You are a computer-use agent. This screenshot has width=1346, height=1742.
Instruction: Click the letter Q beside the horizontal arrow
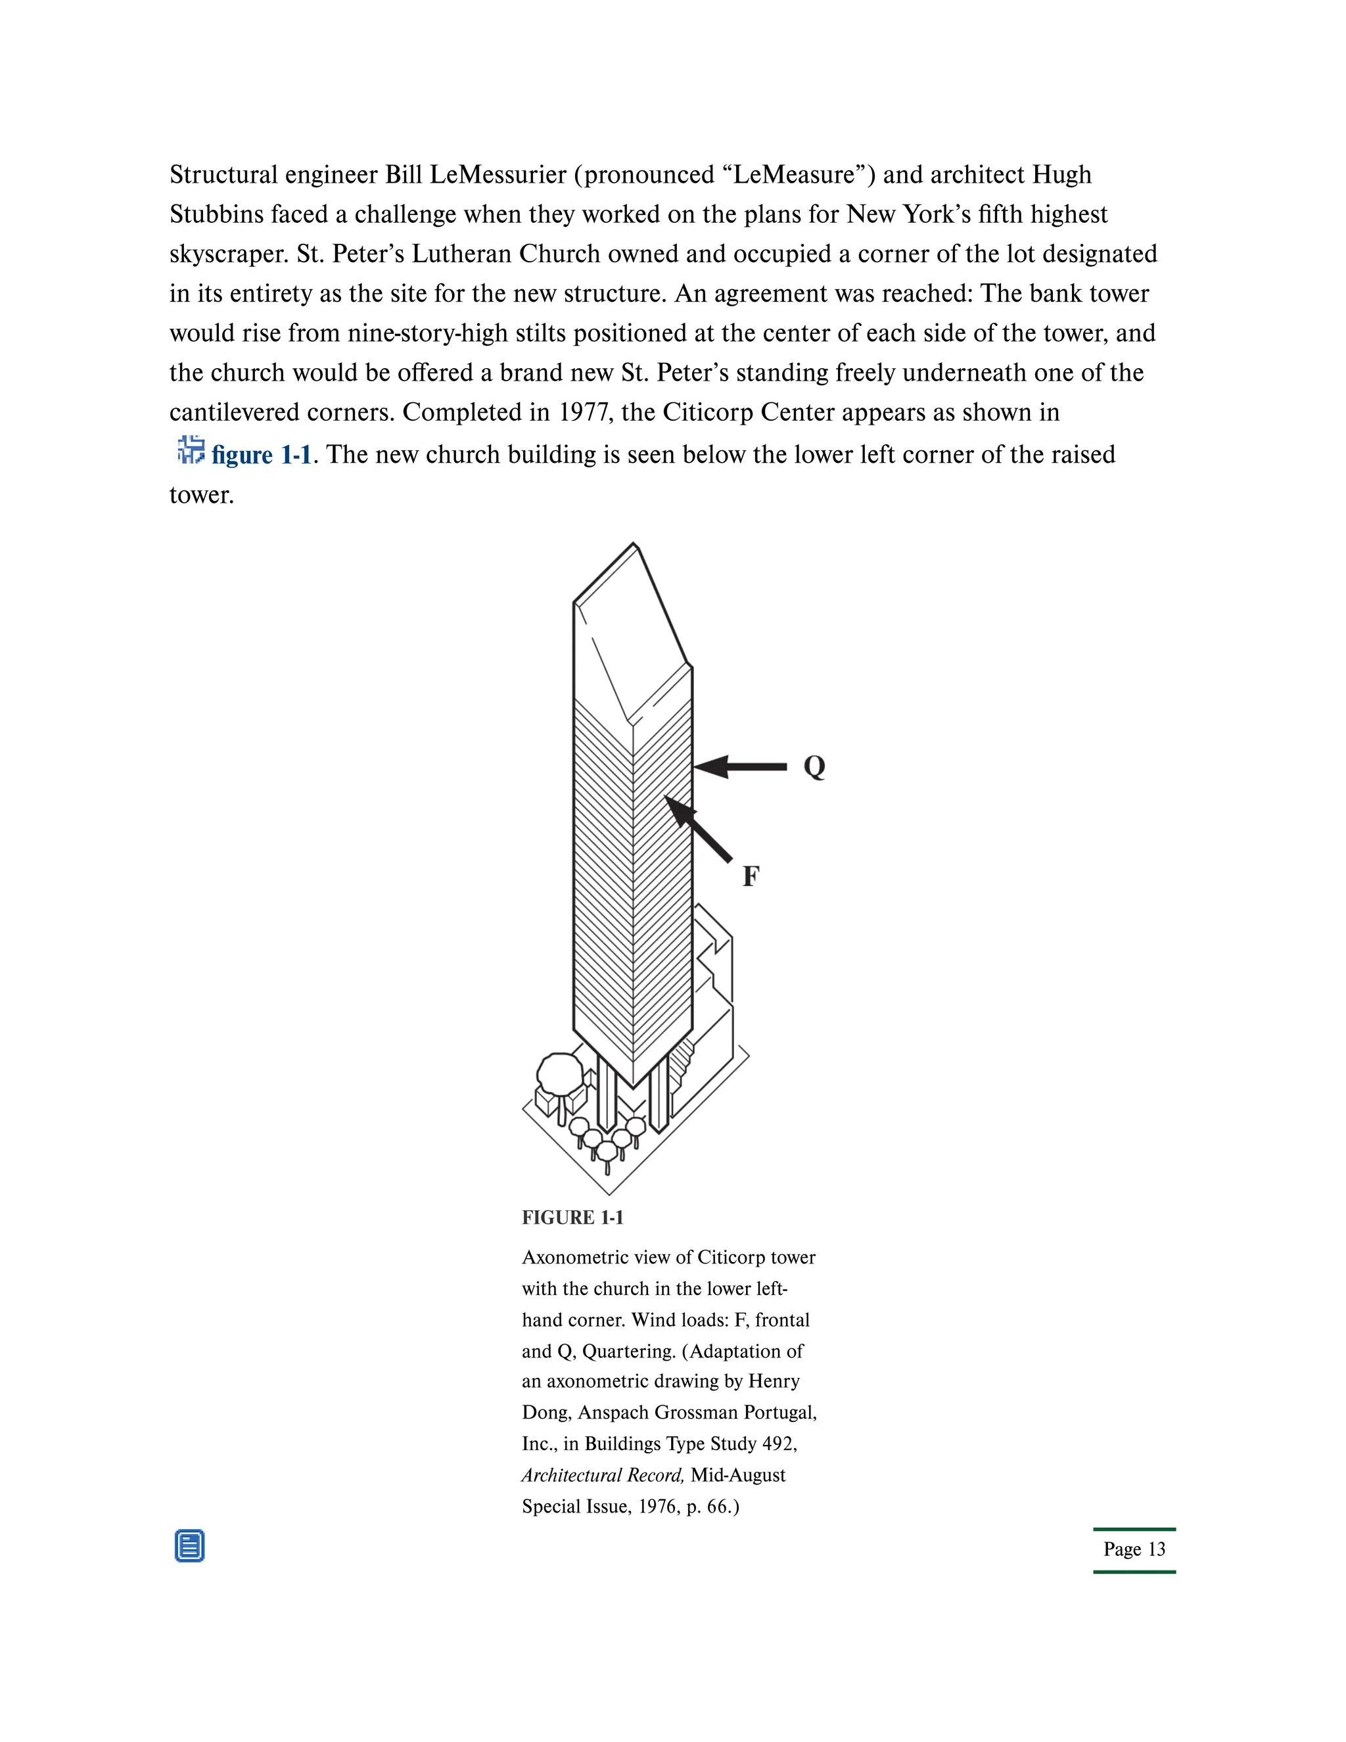pyautogui.click(x=814, y=766)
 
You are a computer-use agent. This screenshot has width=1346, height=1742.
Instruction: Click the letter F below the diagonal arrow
pyautogui.click(x=751, y=876)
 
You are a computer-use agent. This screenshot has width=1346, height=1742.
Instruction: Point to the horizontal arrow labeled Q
pyautogui.click(x=741, y=766)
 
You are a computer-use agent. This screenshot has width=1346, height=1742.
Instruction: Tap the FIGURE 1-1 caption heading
pyautogui.click(x=572, y=1217)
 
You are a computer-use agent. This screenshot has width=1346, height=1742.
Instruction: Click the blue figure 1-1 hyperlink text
pyautogui.click(x=262, y=455)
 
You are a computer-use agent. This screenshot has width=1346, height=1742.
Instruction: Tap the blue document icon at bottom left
pyautogui.click(x=190, y=1546)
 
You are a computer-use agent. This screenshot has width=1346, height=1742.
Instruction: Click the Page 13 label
pyautogui.click(x=1134, y=1549)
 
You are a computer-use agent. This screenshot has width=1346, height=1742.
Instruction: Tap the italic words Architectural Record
pyautogui.click(x=603, y=1475)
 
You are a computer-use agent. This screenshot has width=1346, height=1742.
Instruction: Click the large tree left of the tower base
pyautogui.click(x=560, y=1073)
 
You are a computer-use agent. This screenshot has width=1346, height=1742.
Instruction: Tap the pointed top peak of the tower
pyautogui.click(x=635, y=546)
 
